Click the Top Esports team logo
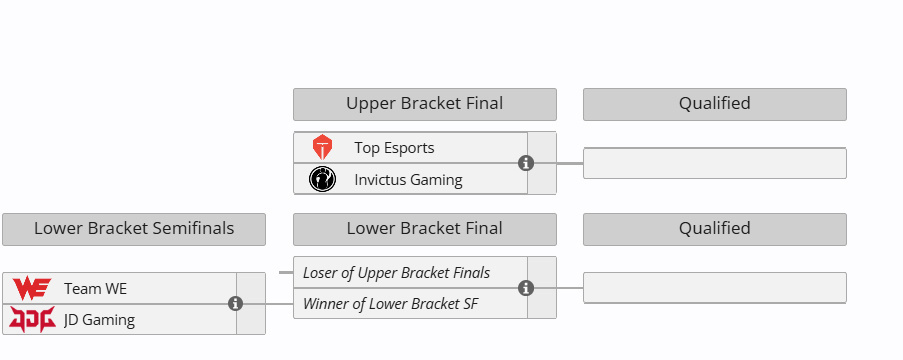click(322, 147)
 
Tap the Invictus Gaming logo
click(322, 179)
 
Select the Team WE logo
click(32, 288)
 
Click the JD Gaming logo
click(32, 319)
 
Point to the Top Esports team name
click(394, 148)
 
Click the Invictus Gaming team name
click(408, 180)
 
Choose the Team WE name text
click(95, 289)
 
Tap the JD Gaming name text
click(100, 320)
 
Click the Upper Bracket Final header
click(425, 104)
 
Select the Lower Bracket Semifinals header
click(134, 229)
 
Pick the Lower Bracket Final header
click(425, 229)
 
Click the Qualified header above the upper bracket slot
click(715, 104)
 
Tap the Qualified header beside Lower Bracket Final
click(715, 229)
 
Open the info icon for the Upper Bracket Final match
click(526, 163)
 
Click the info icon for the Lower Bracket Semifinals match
click(235, 304)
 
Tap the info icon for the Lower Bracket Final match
click(526, 288)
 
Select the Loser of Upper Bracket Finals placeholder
click(396, 272)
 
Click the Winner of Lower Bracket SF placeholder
click(390, 304)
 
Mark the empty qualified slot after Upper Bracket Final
click(715, 164)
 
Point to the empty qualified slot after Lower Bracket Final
click(715, 288)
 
